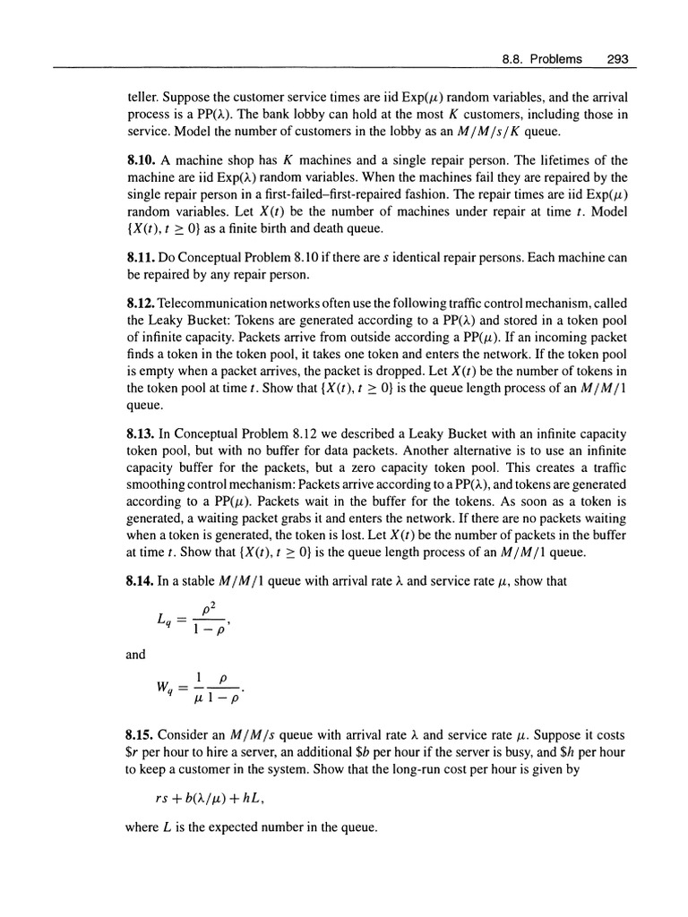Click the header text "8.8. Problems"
541,60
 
